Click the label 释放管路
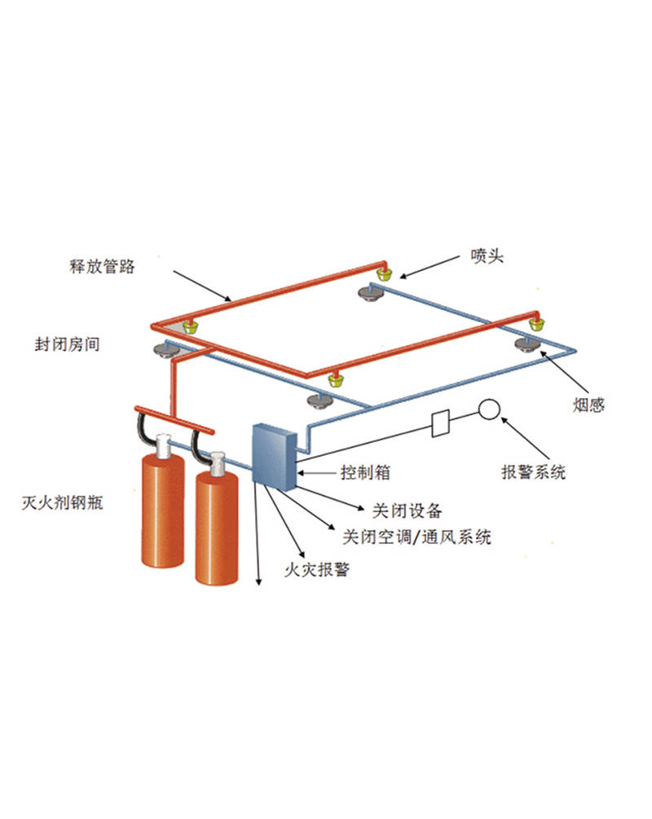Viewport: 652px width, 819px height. [x=102, y=265]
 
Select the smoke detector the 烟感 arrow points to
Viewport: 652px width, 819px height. [x=525, y=344]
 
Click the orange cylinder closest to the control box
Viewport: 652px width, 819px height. [x=217, y=529]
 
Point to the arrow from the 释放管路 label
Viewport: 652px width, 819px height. [x=203, y=285]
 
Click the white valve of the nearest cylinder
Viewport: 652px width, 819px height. [x=218, y=463]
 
